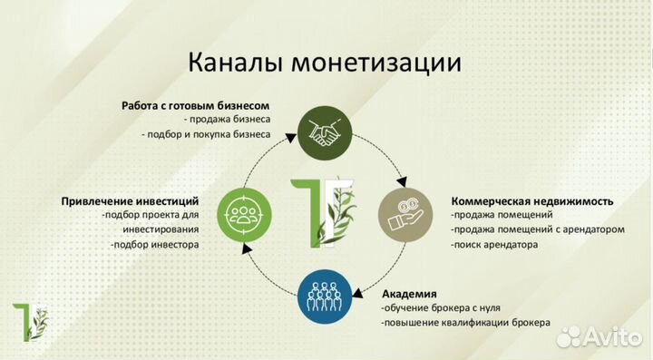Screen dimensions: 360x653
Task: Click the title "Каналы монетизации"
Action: point(325,64)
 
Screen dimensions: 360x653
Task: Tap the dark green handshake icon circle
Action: point(326,131)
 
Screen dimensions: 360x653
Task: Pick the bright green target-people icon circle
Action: point(242,214)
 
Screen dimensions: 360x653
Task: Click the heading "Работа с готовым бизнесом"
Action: point(195,106)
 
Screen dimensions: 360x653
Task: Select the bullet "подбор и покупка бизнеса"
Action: point(207,134)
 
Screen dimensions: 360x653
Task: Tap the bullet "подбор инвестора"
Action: point(154,244)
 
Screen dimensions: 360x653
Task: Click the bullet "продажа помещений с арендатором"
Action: point(537,229)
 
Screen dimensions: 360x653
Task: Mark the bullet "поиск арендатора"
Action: point(494,244)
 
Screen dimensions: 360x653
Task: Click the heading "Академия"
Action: point(409,294)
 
